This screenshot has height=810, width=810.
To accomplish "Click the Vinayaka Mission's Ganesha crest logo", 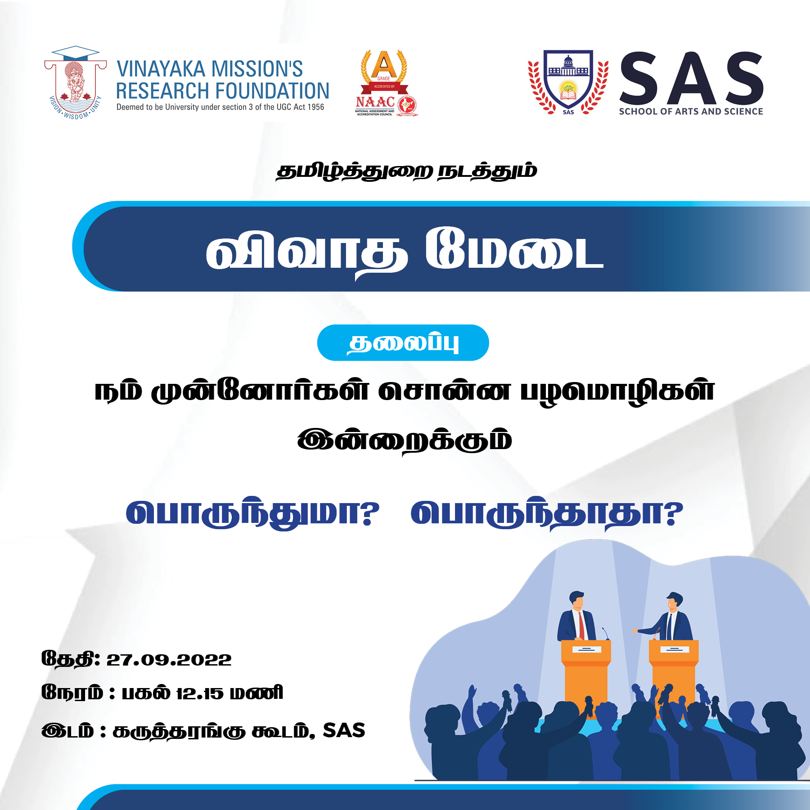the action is click(x=76, y=83).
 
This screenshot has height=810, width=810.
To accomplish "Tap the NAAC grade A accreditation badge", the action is click(x=385, y=83).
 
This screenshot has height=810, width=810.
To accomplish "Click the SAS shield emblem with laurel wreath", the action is click(x=568, y=82).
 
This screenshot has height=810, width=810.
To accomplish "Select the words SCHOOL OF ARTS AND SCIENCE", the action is click(x=691, y=112).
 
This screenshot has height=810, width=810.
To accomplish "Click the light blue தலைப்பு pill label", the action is click(x=403, y=343).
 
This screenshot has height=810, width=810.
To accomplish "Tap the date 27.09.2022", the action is click(x=169, y=660).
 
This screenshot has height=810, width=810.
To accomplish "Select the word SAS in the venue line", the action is click(x=344, y=730).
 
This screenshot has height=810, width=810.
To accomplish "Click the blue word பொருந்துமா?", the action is click(x=252, y=514).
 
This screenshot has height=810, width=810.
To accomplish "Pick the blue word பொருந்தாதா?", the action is click(x=547, y=514).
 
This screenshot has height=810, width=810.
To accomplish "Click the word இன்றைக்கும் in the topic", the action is click(x=405, y=441).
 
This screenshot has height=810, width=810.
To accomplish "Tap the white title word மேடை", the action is click(x=514, y=249).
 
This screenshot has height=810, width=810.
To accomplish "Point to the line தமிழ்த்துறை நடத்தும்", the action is click(x=406, y=171).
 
